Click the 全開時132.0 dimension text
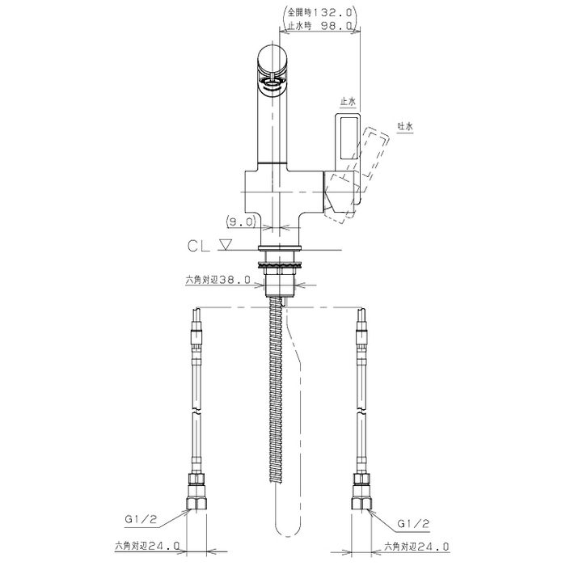(x=319, y=13)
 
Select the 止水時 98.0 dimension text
(x=319, y=25)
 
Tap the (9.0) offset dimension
(x=241, y=222)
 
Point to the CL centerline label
(x=198, y=246)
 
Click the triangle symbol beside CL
(x=226, y=245)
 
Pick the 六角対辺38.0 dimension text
(x=218, y=280)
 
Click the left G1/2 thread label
(x=141, y=519)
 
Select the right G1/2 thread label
(x=413, y=523)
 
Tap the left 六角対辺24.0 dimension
(x=147, y=546)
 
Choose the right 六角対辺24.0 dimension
(x=416, y=546)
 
